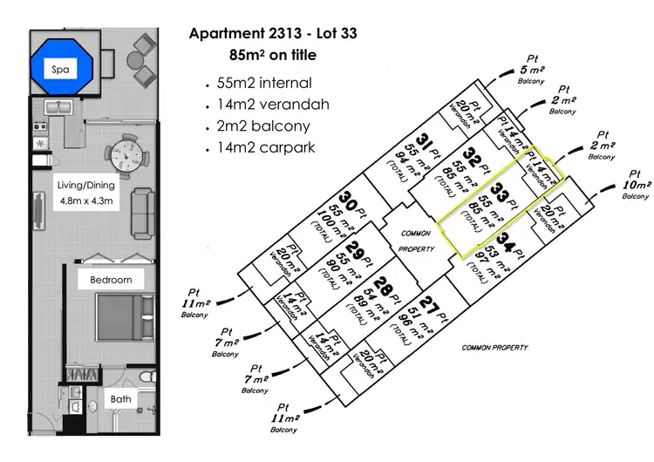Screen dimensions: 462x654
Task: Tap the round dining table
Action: coord(126,158)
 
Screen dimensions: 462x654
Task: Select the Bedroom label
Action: coord(110,280)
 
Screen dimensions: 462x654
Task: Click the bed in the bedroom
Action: coord(119,322)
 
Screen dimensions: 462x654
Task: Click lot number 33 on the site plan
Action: coord(501,189)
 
